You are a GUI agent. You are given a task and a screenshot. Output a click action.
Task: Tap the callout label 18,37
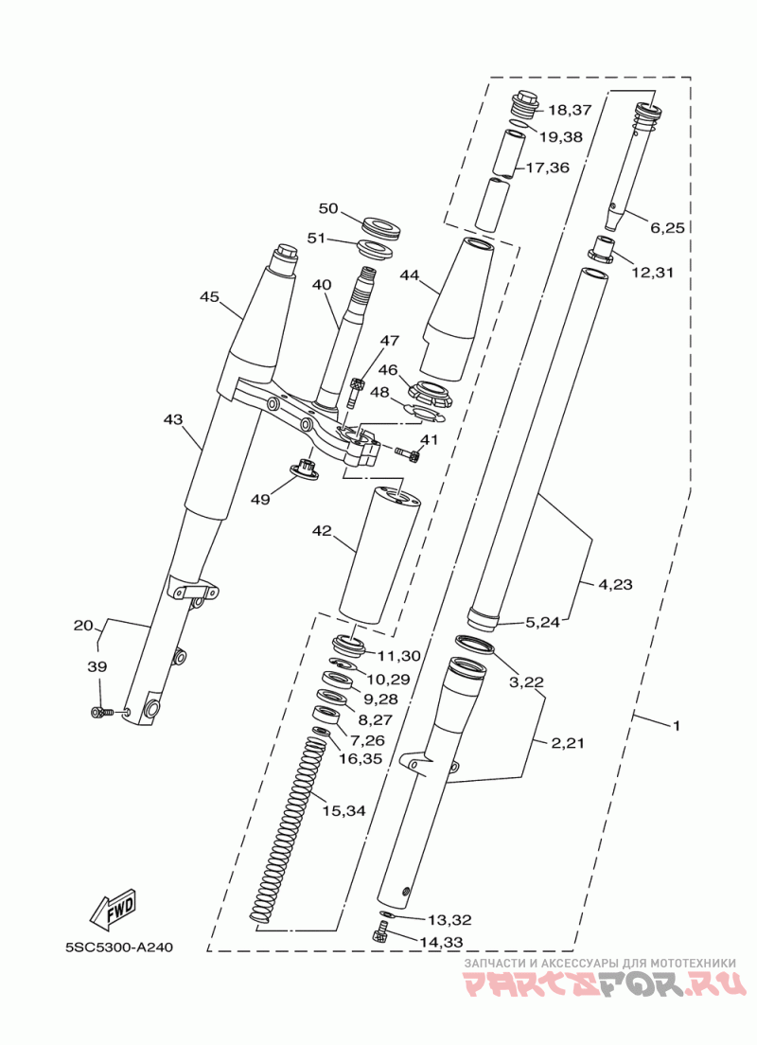(x=569, y=110)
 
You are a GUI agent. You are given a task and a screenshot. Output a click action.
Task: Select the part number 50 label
(x=328, y=208)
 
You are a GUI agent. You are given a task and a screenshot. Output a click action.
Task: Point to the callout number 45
(x=209, y=296)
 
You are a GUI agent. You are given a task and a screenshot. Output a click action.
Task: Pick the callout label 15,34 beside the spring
(x=343, y=811)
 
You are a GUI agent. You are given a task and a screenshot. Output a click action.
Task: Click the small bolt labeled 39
(x=98, y=713)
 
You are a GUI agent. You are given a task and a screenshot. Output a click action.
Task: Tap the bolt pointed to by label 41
(x=407, y=453)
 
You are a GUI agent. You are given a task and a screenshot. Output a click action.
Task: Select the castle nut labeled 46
(x=430, y=393)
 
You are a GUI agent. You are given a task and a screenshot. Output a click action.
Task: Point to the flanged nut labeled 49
(x=306, y=468)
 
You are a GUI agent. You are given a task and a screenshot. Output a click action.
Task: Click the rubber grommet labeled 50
(x=379, y=226)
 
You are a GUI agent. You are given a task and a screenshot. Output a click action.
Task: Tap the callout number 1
(x=676, y=726)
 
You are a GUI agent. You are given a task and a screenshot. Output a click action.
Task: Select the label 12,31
(x=652, y=272)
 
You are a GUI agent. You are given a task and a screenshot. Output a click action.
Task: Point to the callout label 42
(x=322, y=530)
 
